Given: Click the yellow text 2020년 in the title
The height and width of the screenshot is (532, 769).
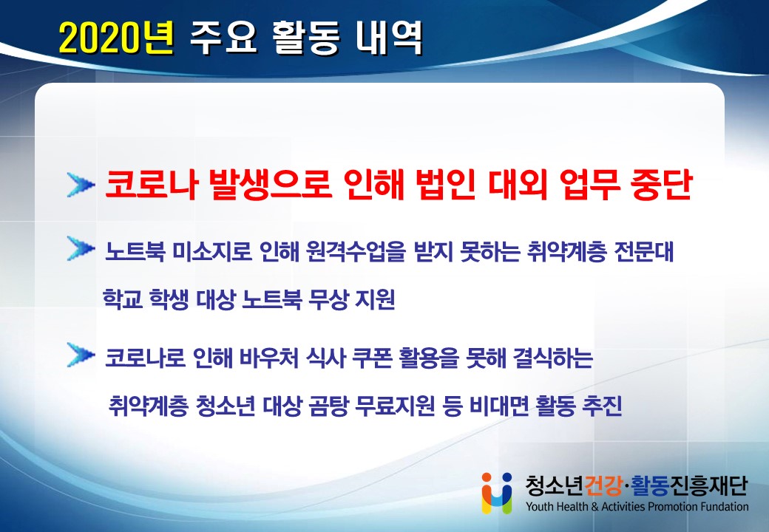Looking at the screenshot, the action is click(x=117, y=38).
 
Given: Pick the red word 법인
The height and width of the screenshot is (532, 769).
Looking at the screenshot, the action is click(x=445, y=185).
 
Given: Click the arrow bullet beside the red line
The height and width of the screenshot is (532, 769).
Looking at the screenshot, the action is click(x=81, y=185).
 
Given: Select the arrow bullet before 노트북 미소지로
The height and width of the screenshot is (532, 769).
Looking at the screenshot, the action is click(x=81, y=249).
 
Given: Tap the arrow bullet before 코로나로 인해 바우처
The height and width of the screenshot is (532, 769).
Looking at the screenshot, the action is click(x=81, y=355).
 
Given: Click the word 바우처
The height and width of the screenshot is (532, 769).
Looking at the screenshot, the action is click(x=269, y=358).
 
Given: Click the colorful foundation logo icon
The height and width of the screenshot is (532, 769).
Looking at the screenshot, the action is click(x=497, y=493).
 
